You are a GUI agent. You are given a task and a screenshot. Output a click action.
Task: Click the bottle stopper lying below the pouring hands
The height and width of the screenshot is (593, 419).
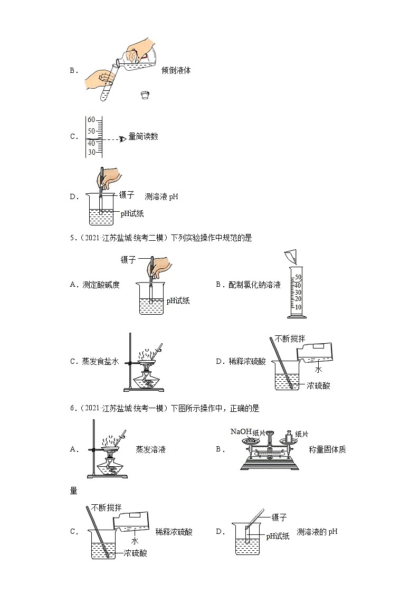tap(145, 95)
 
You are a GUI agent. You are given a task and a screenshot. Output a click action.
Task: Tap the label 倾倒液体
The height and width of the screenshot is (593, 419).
tap(176, 70)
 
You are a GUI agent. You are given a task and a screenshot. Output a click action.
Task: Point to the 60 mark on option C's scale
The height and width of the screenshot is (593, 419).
tap(91, 119)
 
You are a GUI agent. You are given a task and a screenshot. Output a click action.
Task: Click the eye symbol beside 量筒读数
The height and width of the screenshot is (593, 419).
tap(123, 138)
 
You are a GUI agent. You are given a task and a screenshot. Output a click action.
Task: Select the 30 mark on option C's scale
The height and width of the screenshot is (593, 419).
tap(91, 153)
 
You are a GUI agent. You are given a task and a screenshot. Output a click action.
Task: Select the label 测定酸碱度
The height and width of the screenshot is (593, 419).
tap(101, 285)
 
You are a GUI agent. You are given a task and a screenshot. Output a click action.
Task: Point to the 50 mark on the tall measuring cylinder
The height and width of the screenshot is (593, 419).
tap(298, 277)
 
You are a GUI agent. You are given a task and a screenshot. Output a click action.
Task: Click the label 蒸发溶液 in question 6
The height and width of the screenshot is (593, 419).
tap(151, 449)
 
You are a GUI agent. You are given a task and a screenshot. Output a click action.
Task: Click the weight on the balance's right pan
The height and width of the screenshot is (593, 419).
tap(288, 437)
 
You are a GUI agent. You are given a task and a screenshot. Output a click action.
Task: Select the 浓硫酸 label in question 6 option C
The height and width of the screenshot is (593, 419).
tap(136, 553)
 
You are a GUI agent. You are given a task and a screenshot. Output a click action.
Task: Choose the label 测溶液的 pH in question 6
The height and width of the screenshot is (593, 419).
tap(317, 532)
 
